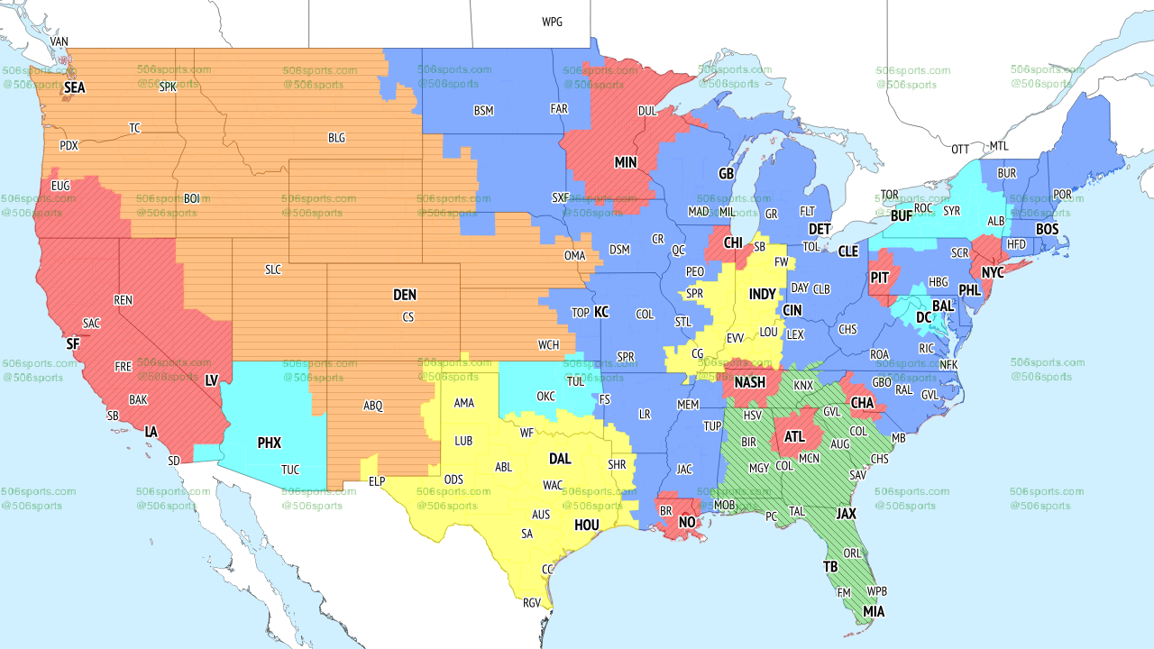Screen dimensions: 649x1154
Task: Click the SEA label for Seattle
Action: pos(75,88)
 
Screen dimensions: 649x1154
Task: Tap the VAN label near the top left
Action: pos(60,41)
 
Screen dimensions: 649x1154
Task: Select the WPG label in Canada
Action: pos(552,22)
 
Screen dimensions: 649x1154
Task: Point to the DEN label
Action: pos(405,295)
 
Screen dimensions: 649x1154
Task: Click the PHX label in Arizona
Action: pos(270,443)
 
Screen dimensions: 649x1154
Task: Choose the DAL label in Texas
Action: pos(560,459)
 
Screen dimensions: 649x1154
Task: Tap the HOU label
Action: pos(587,525)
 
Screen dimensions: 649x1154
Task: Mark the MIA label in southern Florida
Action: pos(873,612)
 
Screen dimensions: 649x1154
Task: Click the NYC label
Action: pos(993,272)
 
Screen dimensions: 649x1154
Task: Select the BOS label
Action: pos(1047,230)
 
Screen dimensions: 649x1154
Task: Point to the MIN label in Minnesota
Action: pos(626,163)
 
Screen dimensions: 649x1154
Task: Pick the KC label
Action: pos(601,312)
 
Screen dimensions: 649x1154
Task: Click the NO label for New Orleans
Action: pos(687,523)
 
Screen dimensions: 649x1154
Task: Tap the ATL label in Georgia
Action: pos(794,437)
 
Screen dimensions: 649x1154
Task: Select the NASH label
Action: pos(749,382)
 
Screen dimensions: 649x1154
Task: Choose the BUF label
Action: pos(901,216)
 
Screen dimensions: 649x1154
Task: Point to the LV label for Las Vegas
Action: pos(212,380)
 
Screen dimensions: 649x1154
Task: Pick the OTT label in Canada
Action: pos(960,149)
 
